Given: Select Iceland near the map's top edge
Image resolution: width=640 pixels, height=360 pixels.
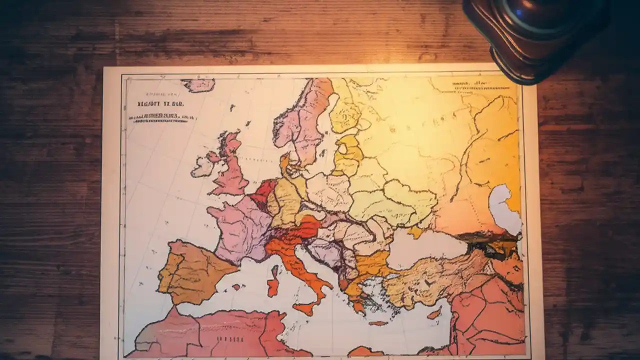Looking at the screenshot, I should [198, 84].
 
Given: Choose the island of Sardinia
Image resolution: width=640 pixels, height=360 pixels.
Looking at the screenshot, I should [272, 287].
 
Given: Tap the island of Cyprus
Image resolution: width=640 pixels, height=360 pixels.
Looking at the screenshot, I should [434, 313].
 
